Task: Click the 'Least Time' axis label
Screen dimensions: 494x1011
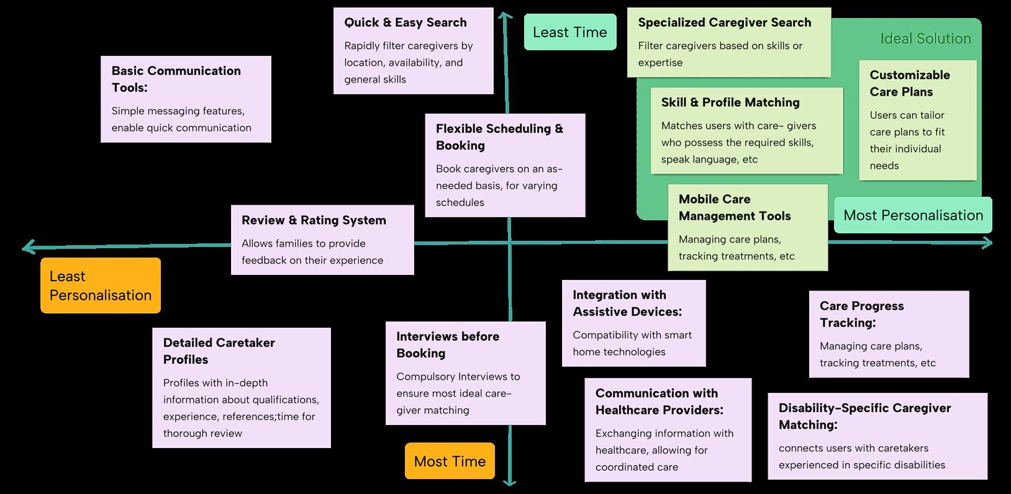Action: pyautogui.click(x=570, y=32)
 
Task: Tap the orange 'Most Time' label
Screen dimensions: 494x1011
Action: pyautogui.click(x=450, y=461)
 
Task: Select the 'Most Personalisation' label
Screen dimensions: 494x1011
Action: pyautogui.click(x=913, y=215)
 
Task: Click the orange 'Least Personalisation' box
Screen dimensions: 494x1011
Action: pyautogui.click(x=101, y=285)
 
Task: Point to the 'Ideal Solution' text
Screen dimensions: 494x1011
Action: pyautogui.click(x=925, y=38)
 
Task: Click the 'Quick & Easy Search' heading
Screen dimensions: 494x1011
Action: pyautogui.click(x=406, y=22)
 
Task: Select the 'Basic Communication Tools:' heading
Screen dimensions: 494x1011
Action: pyautogui.click(x=176, y=79)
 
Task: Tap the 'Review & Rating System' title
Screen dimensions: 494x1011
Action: pyautogui.click(x=314, y=220)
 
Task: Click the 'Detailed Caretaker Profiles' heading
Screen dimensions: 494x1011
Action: pyautogui.click(x=219, y=351)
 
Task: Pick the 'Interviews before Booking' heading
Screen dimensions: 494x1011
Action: pyautogui.click(x=447, y=344)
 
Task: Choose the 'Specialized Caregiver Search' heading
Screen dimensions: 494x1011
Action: pyautogui.click(x=724, y=22)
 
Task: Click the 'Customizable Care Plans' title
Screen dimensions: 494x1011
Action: pyautogui.click(x=909, y=83)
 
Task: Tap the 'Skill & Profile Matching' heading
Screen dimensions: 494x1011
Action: pyautogui.click(x=730, y=102)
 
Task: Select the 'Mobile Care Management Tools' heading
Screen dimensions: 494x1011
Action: pyautogui.click(x=734, y=207)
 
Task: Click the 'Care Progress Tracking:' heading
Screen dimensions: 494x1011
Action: pyautogui.click(x=861, y=314)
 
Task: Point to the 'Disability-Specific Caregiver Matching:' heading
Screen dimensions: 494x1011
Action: pyautogui.click(x=864, y=416)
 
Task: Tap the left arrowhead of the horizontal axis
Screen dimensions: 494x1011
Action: pyautogui.click(x=25, y=248)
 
